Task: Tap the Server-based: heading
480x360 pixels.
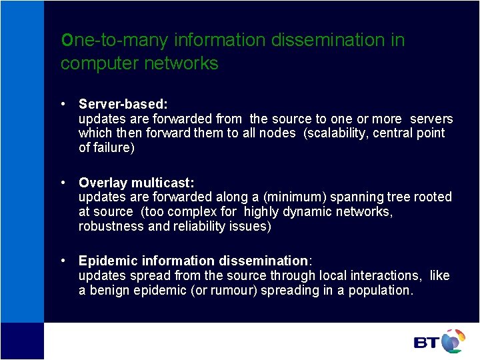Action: pos(123,104)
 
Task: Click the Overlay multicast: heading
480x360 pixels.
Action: pos(136,183)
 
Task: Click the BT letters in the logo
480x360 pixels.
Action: pos(427,343)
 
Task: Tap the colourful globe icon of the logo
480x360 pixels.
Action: pos(453,340)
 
